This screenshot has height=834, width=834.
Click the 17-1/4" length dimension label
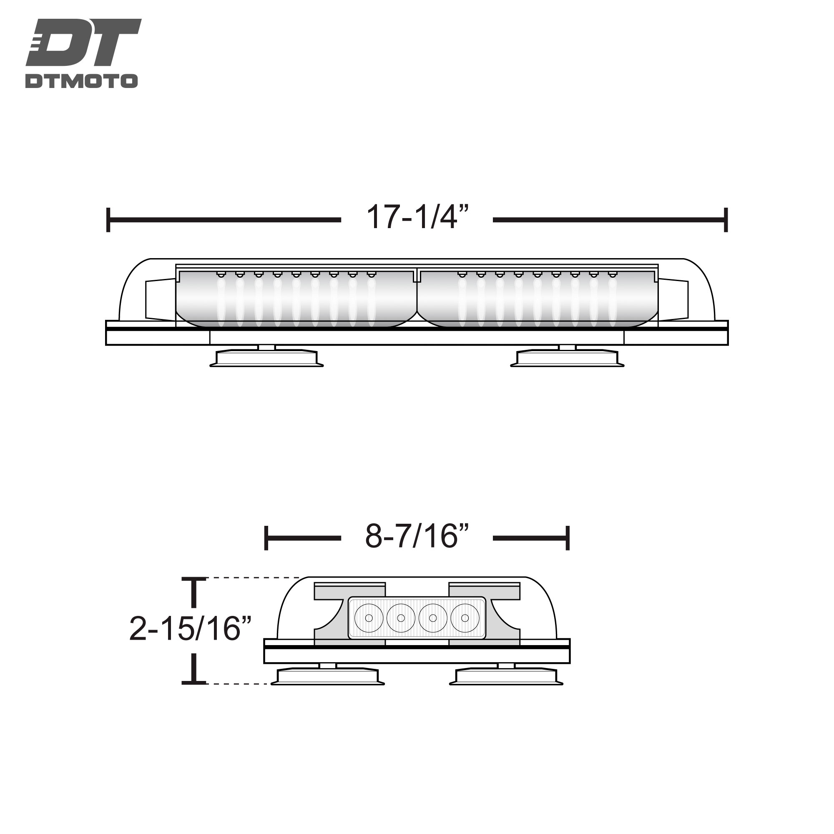point(417,217)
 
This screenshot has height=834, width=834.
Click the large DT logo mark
point(83,43)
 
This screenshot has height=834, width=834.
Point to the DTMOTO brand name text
point(82,81)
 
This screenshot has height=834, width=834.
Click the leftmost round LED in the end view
point(369,618)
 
